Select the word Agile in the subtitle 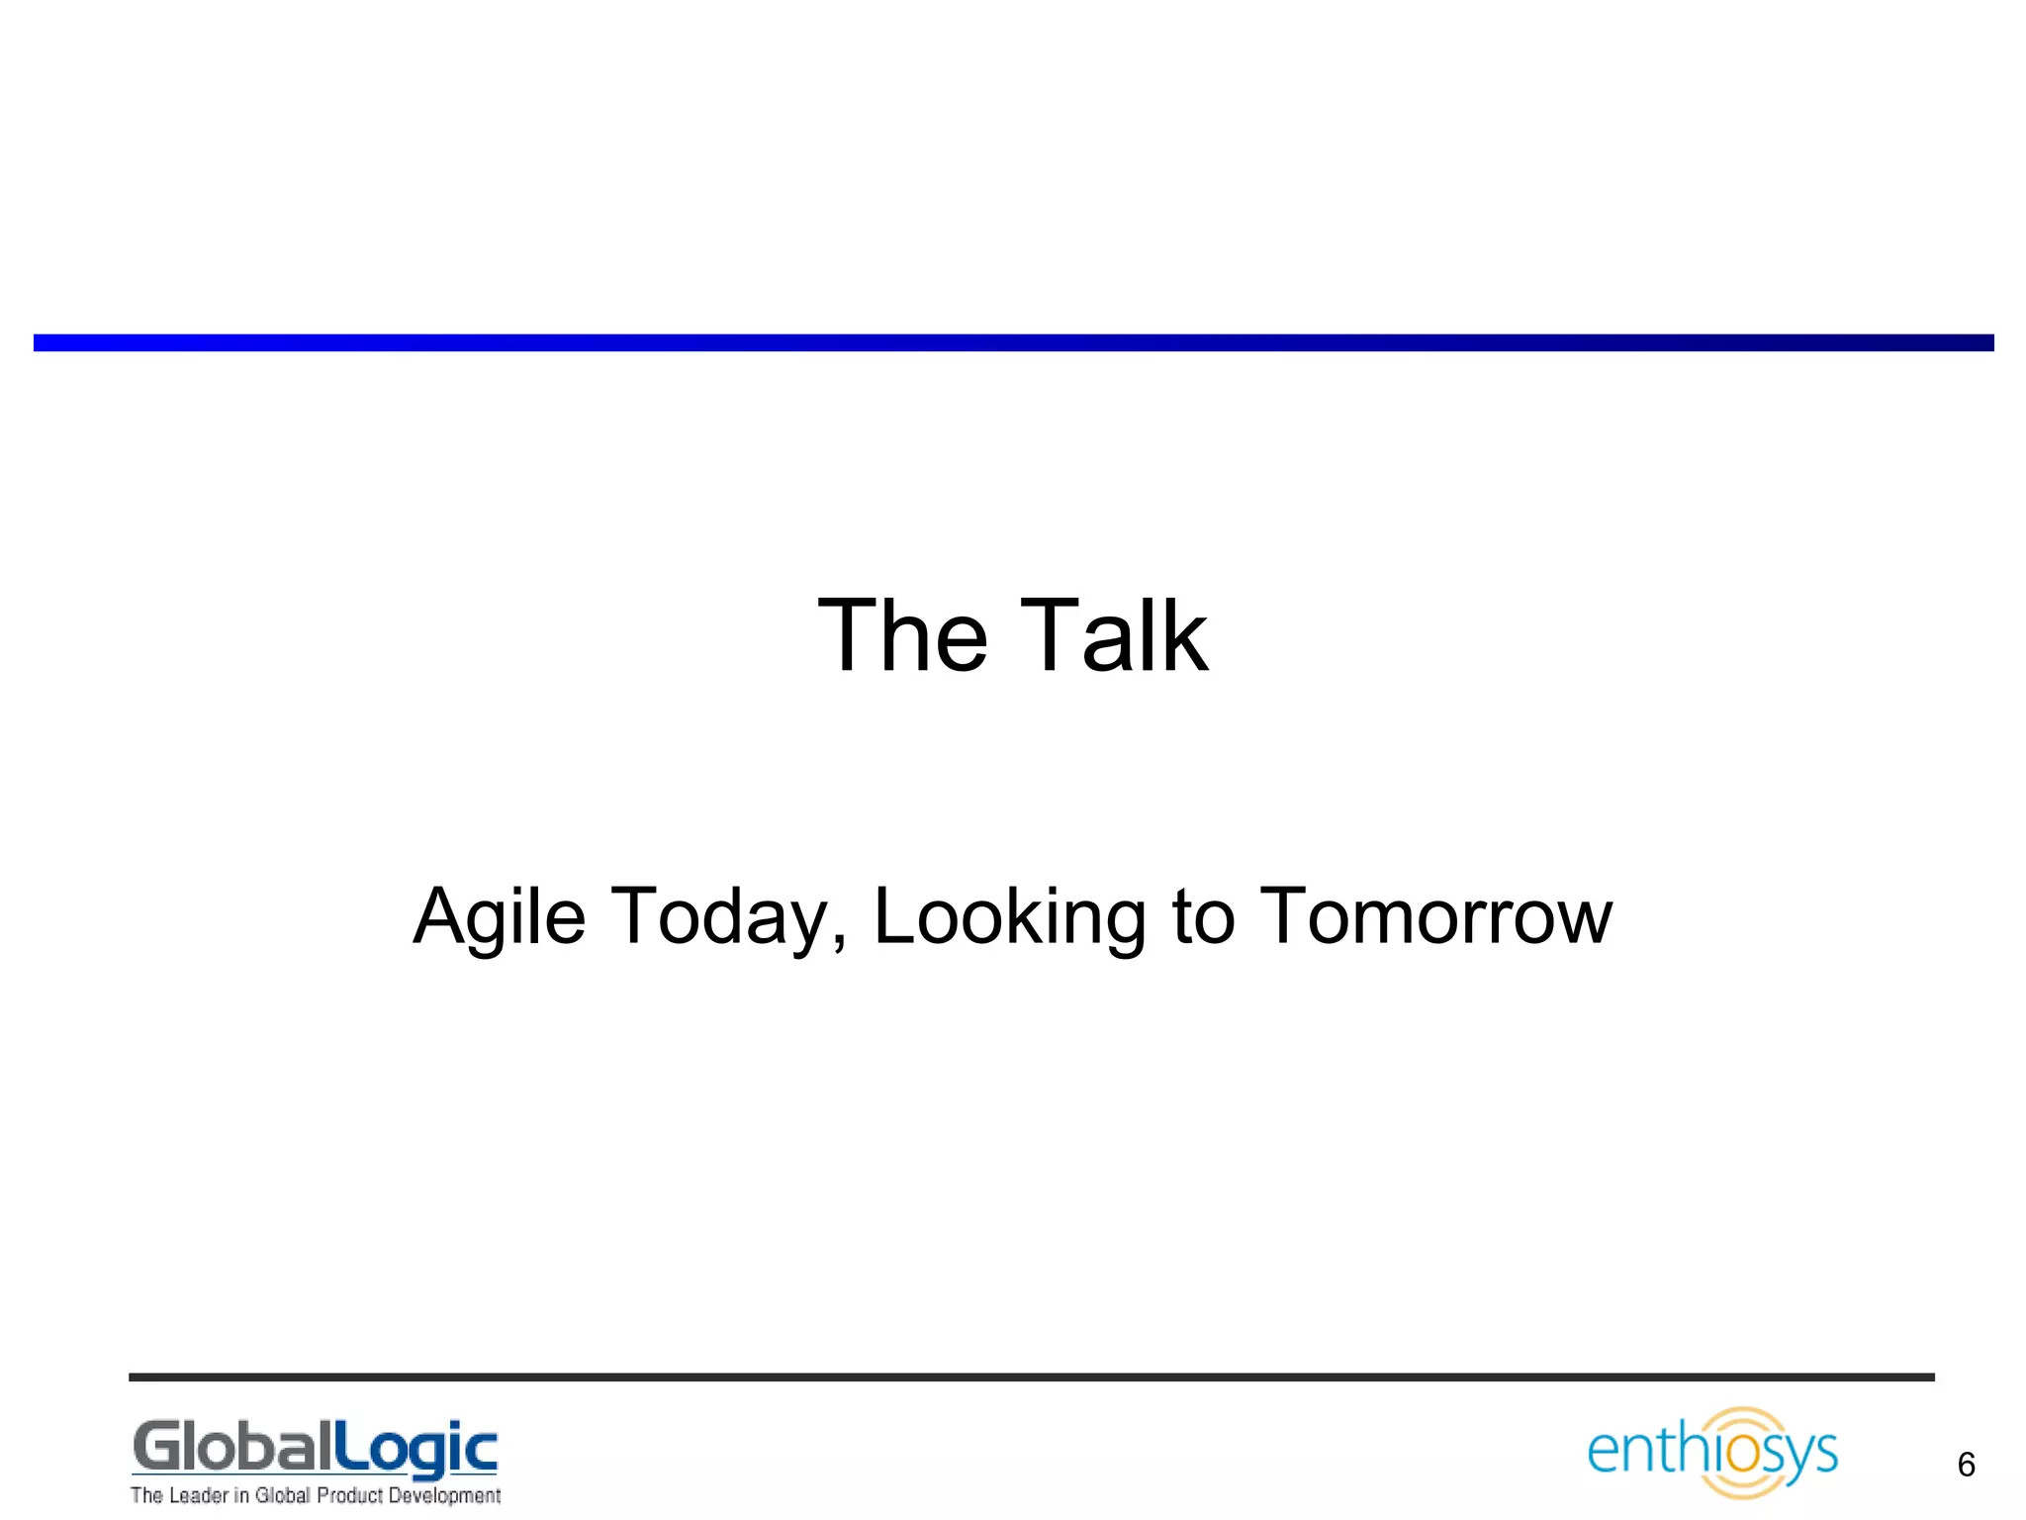tap(500, 917)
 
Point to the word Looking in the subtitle tap(1009, 917)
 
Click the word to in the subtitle tap(1203, 917)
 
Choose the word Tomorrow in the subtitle tap(1438, 917)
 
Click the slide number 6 tap(1966, 1465)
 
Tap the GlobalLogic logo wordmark tap(315, 1449)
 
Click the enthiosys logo tap(1712, 1452)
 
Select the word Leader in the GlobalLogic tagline tap(199, 1495)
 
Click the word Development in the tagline tap(444, 1495)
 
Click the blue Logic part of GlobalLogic tap(415, 1451)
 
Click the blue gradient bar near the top tap(1013, 342)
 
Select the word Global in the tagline tap(283, 1495)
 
